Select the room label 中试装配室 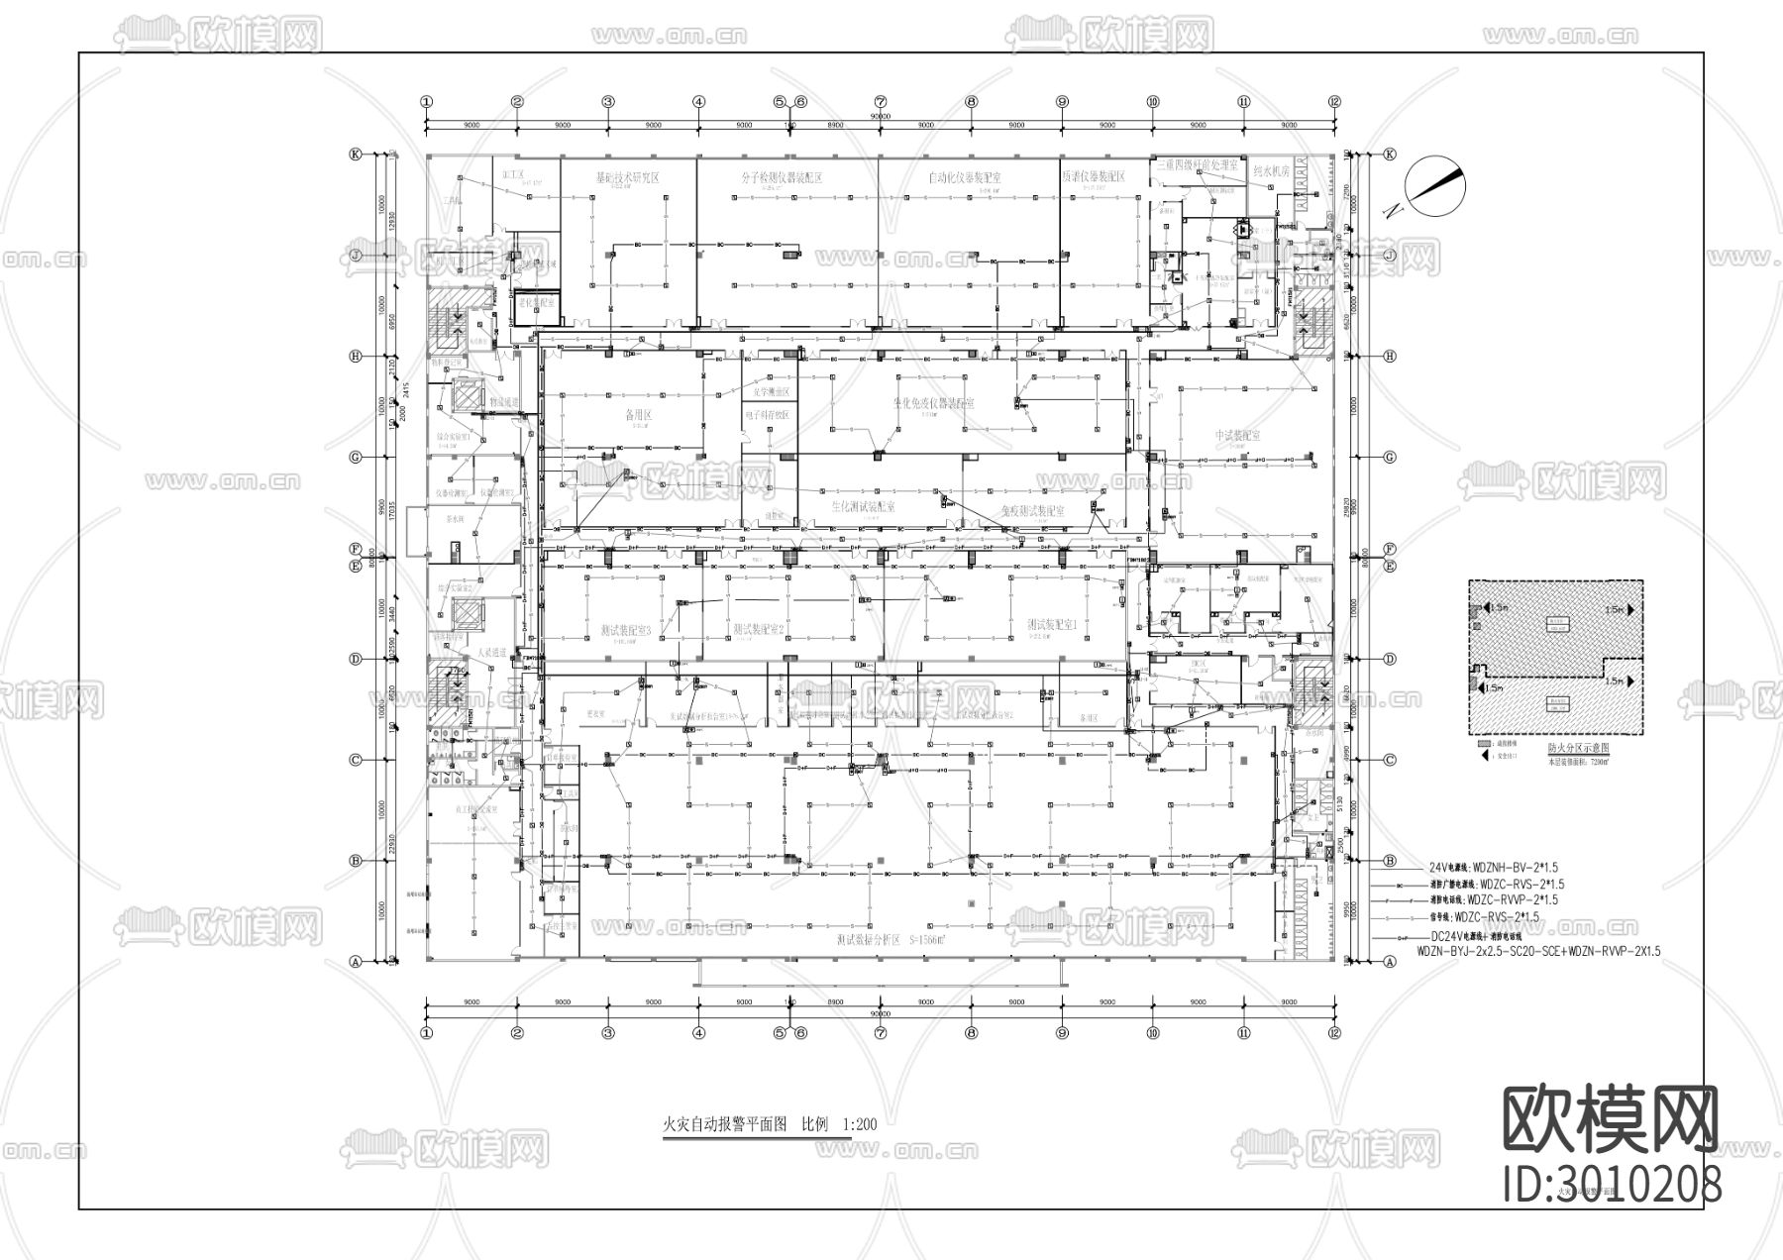click(x=1237, y=436)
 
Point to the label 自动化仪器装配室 click(x=964, y=177)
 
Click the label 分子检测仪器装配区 click(x=782, y=177)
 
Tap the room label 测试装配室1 click(x=1051, y=625)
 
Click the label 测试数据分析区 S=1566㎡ click(x=888, y=938)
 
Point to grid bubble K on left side click(x=355, y=155)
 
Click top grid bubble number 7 click(x=880, y=101)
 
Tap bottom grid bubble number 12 click(x=1334, y=1032)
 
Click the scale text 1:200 click(x=859, y=1124)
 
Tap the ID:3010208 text click(x=1612, y=1185)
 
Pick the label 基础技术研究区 click(x=626, y=177)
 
